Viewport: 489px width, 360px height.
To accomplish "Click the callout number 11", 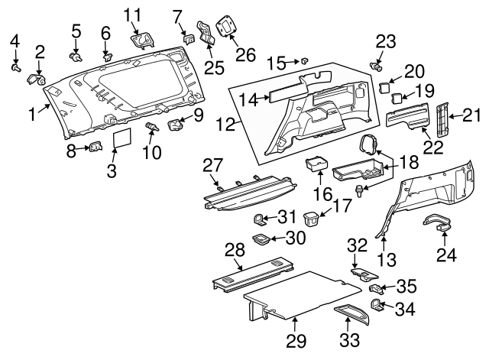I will [x=132, y=15].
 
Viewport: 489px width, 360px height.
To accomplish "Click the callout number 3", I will [x=112, y=173].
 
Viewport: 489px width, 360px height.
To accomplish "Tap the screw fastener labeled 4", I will [x=15, y=67].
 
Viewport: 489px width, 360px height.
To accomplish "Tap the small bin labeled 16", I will [x=316, y=164].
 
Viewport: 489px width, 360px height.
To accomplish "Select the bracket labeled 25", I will [x=206, y=37].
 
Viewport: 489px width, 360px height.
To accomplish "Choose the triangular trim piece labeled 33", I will [x=352, y=314].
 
